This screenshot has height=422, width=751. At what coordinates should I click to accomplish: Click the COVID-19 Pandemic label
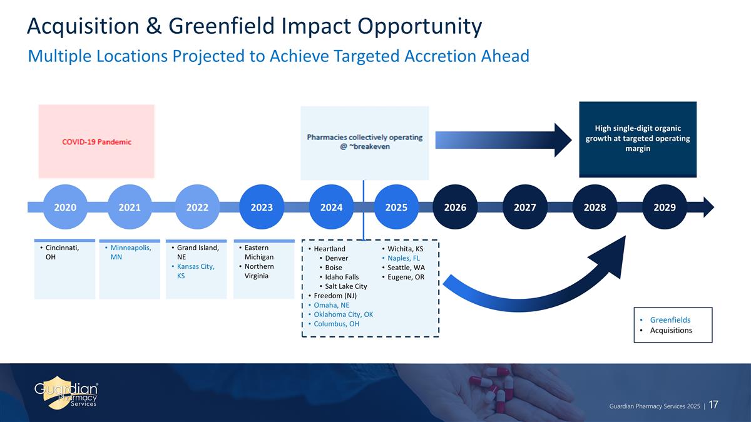96,142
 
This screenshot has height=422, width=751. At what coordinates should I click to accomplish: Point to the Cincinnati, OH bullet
61,253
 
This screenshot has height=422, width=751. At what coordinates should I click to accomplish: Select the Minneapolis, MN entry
130,253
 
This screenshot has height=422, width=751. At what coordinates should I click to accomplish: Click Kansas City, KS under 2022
195,271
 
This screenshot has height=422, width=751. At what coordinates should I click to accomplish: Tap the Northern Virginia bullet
260,271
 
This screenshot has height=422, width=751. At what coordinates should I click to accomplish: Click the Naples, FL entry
406,258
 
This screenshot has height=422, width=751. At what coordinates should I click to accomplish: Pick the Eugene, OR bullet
406,277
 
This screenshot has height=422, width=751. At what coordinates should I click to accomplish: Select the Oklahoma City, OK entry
343,314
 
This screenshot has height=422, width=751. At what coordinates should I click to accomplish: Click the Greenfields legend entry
671,319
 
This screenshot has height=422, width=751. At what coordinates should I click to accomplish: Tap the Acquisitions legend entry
671,330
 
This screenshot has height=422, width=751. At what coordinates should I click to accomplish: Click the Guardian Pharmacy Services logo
66,393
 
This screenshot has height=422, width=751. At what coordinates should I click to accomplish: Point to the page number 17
713,406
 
